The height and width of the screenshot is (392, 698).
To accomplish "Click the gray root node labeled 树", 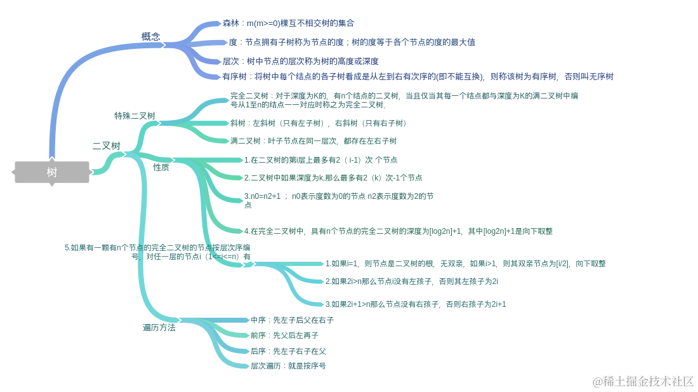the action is point(51,172).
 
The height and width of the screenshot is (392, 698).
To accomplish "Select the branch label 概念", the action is point(151,36).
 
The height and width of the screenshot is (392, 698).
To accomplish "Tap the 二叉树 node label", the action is point(106,145).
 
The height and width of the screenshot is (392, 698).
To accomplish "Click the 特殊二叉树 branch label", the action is point(135,116).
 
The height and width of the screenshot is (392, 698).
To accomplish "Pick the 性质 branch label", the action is point(161,167).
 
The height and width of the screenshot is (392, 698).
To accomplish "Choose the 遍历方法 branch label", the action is point(159,328).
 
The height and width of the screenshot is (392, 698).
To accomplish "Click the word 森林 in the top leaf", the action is point(230,24).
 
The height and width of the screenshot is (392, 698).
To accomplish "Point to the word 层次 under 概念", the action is point(230,62).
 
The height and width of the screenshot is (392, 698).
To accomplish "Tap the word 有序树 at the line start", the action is point(234,77).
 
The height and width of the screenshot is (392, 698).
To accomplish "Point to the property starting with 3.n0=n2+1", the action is point(339,200).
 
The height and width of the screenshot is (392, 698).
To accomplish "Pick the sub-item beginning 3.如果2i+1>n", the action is point(416,304).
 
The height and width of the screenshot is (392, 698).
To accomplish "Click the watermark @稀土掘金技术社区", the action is point(643,381).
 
